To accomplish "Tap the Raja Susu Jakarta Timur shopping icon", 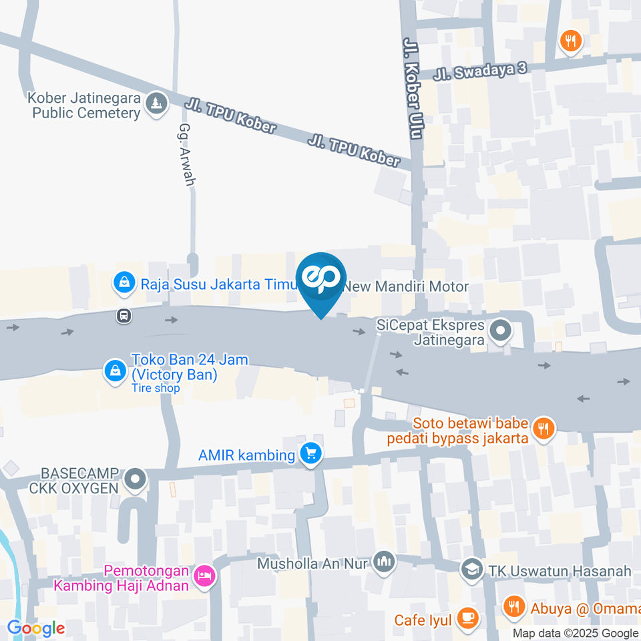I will (124, 283).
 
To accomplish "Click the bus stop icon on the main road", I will (124, 315).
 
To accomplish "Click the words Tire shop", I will (156, 388).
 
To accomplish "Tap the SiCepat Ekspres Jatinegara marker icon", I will (499, 330).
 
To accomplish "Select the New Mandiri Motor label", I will (405, 286).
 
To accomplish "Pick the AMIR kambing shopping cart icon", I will (310, 454).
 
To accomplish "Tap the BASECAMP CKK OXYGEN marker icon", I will (136, 479).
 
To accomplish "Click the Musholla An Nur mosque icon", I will (384, 562).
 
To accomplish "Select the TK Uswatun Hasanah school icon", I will (472, 570).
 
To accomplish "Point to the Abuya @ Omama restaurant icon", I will (513, 607).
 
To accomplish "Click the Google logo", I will (35, 628).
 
